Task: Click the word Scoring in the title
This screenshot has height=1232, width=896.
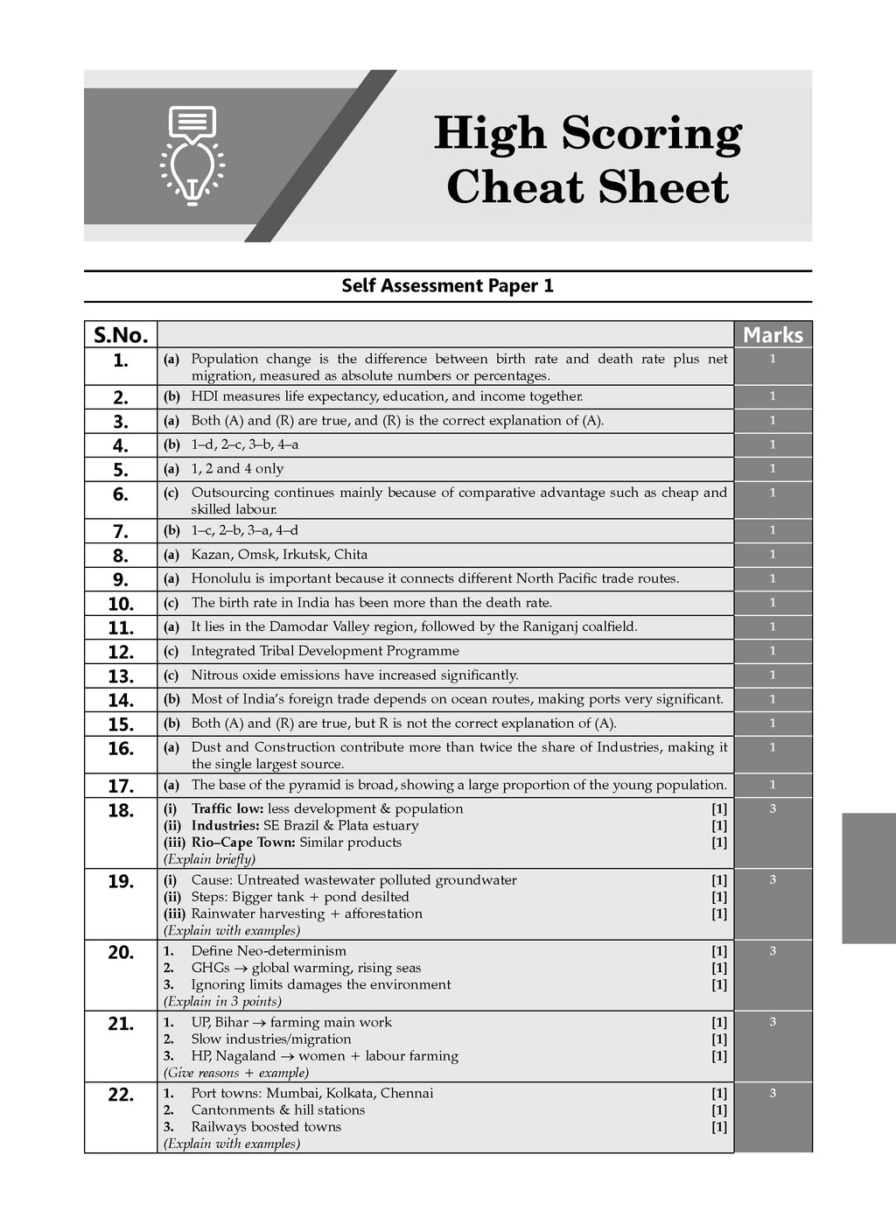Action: [651, 134]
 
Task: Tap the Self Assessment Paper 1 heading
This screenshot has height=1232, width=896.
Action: [447, 286]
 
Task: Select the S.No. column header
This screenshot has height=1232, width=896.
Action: [121, 335]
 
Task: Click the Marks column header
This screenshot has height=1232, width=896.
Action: [773, 335]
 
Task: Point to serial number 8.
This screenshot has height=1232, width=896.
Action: [121, 556]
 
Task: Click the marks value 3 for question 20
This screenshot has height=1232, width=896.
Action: [773, 951]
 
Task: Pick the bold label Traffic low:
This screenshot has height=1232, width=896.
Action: [227, 809]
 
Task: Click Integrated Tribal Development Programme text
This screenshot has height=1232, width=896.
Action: [325, 651]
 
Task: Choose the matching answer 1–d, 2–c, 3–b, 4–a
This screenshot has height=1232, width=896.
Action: [244, 444]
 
